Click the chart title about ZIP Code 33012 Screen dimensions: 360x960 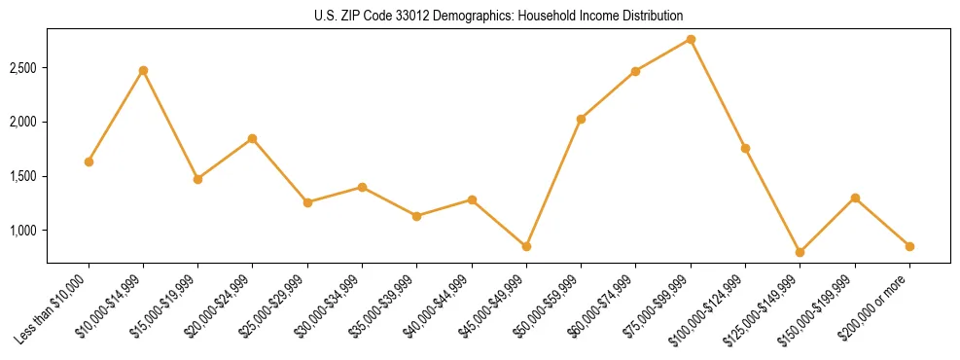click(x=499, y=16)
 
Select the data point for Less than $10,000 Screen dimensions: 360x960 click(x=89, y=162)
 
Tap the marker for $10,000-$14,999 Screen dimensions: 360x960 click(x=143, y=70)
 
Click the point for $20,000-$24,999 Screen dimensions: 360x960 click(x=253, y=138)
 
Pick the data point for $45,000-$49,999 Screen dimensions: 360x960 click(x=526, y=246)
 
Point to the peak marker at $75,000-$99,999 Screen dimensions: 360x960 click(x=691, y=39)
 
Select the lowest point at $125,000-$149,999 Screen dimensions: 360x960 click(x=800, y=252)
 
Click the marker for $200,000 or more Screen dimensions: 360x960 click(x=909, y=246)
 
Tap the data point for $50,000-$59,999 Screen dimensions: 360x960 click(x=581, y=119)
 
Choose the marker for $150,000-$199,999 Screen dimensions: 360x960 click(x=855, y=198)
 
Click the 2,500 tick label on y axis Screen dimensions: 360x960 click(x=23, y=68)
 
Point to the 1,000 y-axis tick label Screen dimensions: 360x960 click(x=23, y=231)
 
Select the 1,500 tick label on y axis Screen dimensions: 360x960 click(x=23, y=176)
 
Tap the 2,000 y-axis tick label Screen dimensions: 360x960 click(x=23, y=122)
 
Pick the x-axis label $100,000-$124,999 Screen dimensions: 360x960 click(x=707, y=309)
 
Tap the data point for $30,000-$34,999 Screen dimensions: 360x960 click(x=362, y=187)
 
